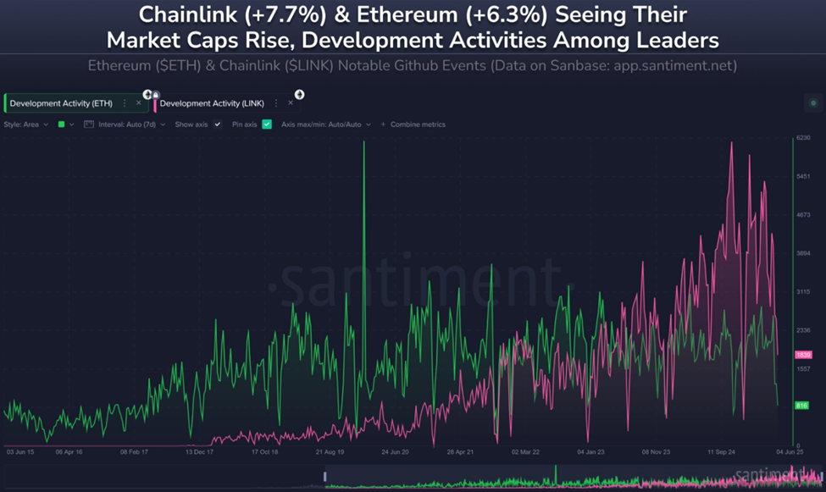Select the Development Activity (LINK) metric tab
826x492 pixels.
coord(212,103)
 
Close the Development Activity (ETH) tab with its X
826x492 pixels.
coord(139,103)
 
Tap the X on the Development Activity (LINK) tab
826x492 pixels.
coord(291,103)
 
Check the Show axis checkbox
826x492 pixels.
coord(218,124)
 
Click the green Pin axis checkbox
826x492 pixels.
coord(267,124)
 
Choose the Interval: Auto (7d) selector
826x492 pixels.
coord(132,124)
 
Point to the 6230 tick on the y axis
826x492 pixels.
coord(803,138)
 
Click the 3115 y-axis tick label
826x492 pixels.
coord(803,291)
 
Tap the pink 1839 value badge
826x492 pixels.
coord(803,354)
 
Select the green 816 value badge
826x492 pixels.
coord(801,406)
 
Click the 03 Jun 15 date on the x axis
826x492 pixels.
coord(21,452)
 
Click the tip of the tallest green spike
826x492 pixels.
coord(364,141)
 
